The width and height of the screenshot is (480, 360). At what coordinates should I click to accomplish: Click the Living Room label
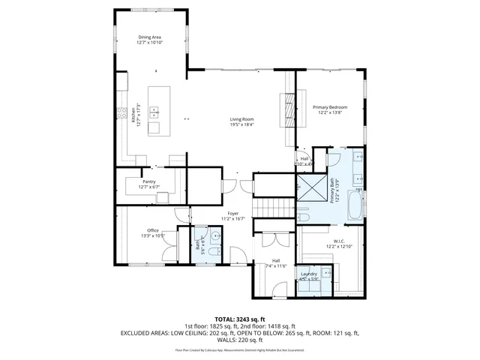click(x=241, y=119)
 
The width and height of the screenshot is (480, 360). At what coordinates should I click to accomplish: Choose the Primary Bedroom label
click(x=330, y=107)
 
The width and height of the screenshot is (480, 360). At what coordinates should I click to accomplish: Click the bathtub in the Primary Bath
click(x=356, y=203)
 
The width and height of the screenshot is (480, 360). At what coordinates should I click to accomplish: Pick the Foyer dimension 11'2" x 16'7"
click(x=233, y=219)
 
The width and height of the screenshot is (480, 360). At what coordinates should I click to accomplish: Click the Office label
click(x=152, y=230)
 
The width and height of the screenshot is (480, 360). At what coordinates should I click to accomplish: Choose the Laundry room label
click(x=309, y=274)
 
